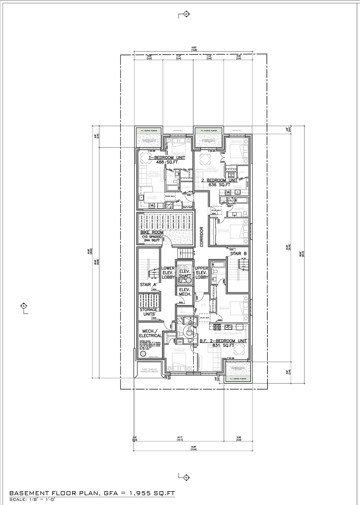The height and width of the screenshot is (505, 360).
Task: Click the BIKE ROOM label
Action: click(x=152, y=233)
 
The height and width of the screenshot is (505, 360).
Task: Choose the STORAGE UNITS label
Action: click(x=149, y=312)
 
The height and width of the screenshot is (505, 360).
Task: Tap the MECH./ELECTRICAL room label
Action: click(x=150, y=333)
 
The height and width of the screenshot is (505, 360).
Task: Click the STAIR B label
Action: click(x=238, y=254)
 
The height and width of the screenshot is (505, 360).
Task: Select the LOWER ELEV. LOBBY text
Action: click(x=168, y=273)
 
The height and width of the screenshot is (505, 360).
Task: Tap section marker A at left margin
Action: click(x=24, y=305)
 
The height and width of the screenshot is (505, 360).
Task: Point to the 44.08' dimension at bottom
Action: click(x=193, y=448)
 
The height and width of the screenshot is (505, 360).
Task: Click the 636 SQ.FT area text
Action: click(x=219, y=185)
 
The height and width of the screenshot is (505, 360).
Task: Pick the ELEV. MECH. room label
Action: click(x=185, y=292)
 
